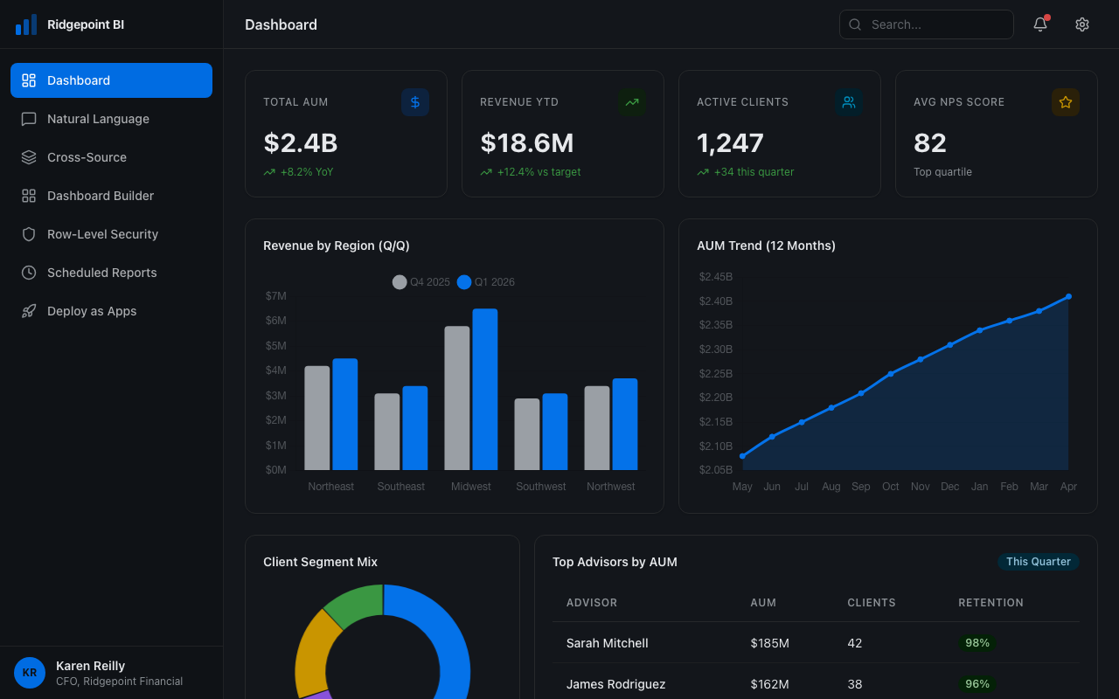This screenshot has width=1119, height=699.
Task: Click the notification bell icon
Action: (1039, 24)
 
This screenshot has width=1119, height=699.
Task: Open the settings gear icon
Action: (1082, 24)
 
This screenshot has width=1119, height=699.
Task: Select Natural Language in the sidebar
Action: (98, 119)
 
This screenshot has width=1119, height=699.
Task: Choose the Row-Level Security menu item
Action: (102, 234)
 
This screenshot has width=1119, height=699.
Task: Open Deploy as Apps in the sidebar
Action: (92, 311)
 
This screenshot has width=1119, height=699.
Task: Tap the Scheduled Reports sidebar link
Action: (101, 273)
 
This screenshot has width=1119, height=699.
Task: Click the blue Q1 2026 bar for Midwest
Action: (485, 390)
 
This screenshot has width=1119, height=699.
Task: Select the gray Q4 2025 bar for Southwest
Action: (527, 434)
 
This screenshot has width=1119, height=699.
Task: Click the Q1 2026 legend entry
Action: (486, 282)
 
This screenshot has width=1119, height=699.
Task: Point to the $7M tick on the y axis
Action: (275, 296)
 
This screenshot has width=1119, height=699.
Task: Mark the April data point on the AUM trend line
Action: (1068, 296)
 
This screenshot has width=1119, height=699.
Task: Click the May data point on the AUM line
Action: (742, 456)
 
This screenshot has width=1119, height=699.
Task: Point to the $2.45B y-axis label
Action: (715, 277)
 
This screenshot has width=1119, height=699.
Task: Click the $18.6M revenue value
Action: (526, 142)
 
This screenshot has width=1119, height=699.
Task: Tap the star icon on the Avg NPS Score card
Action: (1065, 102)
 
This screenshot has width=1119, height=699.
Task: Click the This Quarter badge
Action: (1038, 562)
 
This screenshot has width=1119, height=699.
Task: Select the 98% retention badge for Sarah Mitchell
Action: (977, 643)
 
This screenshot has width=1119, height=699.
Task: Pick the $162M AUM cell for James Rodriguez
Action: (769, 684)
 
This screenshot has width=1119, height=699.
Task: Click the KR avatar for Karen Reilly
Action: (30, 673)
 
